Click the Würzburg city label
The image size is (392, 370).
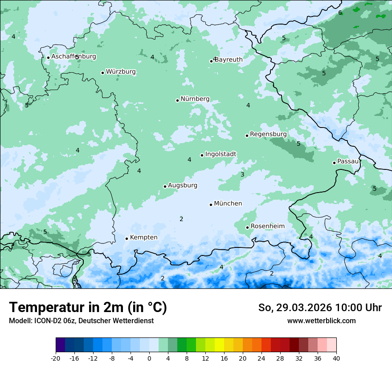121,72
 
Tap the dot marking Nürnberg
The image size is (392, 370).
177,100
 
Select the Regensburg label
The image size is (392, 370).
268,134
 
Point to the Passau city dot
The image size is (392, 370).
334,163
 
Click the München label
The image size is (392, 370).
228,204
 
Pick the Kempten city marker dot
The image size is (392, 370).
127,238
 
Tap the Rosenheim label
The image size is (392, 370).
267,226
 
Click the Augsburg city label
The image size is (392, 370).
183,185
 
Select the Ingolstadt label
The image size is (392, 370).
220,154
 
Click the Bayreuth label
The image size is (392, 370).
229,60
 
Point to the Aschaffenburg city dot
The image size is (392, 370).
48,58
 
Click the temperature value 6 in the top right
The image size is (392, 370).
340,13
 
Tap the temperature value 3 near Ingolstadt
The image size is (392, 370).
242,175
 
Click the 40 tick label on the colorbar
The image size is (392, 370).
336,358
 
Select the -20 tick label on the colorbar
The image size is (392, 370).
56,358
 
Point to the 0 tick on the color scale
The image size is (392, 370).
149,358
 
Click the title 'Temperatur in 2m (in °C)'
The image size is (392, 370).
88,308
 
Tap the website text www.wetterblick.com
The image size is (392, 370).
321,321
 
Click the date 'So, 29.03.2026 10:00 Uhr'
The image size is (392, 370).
320,308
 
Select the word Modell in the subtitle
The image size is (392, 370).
20,321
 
